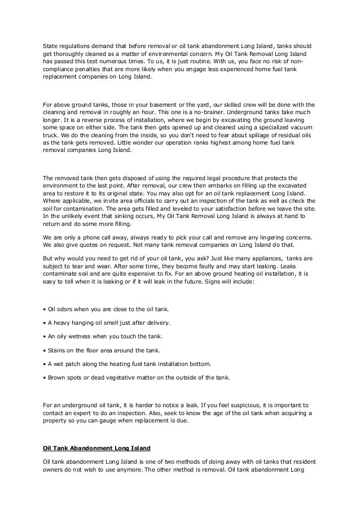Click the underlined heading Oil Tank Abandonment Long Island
click(x=96, y=448)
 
